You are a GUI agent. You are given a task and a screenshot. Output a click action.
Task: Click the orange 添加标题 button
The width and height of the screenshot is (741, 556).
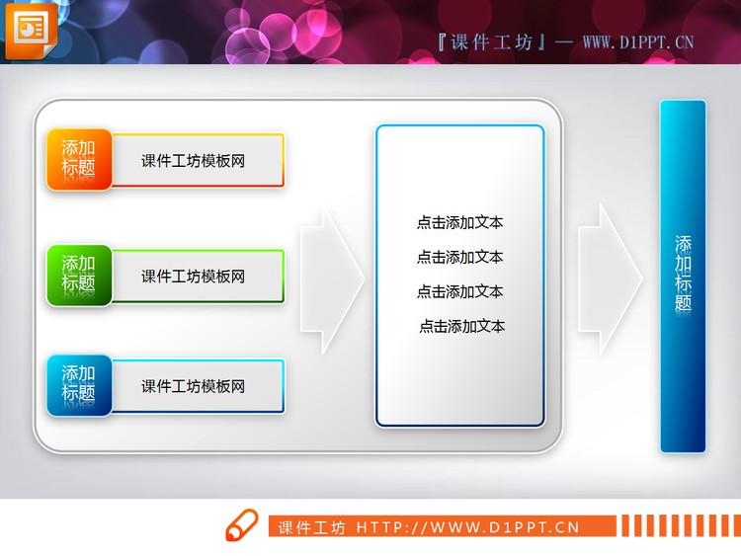coord(79,159)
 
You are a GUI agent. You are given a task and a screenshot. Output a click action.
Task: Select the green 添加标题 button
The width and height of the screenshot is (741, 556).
coord(79,274)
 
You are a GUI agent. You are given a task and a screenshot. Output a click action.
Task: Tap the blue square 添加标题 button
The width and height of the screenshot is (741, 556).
coord(79,384)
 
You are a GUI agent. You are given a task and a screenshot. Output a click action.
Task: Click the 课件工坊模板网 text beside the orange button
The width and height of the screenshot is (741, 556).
coord(193,161)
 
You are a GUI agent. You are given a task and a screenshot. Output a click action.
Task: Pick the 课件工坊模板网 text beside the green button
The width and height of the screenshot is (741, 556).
coord(193,277)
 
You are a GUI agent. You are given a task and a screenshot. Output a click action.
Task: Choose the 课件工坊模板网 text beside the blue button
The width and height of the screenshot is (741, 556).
coord(193,386)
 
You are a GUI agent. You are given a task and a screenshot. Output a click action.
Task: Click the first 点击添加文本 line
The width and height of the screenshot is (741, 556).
coord(459,223)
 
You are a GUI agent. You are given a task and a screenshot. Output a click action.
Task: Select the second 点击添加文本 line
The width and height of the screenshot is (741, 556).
coord(459,258)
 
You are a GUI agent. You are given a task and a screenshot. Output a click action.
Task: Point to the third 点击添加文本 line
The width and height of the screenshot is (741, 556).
coord(459,292)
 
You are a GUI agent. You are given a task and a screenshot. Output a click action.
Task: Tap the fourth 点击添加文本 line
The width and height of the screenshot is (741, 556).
coord(461,326)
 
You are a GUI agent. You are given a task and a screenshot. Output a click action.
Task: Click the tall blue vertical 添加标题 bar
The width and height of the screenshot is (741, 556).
coord(683,276)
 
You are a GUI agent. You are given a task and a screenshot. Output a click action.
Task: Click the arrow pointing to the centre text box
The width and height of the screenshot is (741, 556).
coord(332,279)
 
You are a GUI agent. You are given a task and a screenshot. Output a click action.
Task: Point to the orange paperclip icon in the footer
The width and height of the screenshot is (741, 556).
coord(241,526)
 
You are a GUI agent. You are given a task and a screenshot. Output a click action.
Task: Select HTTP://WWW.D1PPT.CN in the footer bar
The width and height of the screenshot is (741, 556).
coord(467,527)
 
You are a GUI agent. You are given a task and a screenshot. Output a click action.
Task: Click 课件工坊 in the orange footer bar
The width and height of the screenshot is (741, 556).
coord(312,527)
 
